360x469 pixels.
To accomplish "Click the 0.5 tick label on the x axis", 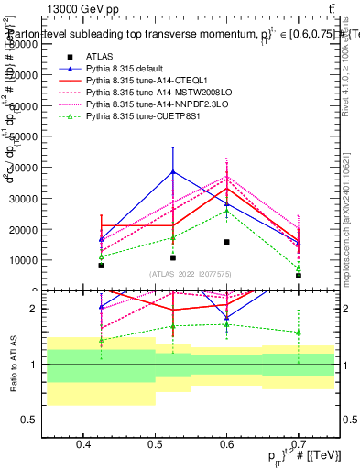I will coord(156,445).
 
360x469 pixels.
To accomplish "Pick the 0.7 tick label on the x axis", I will coord(299,445).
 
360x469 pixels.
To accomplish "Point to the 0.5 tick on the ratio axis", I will coord(36,420).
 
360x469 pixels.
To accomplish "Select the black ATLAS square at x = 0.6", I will coord(226,242).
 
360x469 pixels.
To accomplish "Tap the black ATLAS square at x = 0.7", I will coord(298,275).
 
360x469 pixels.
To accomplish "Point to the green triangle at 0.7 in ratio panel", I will coord(298,333).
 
